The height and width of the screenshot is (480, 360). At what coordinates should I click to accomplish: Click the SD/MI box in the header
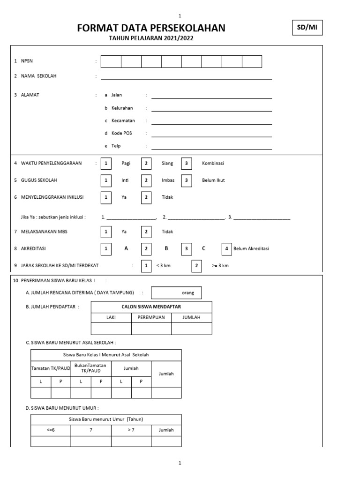coord(307,28)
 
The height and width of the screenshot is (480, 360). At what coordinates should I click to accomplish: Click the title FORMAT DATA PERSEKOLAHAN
coord(151,28)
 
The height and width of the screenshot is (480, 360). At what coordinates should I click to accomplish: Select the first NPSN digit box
coord(111,61)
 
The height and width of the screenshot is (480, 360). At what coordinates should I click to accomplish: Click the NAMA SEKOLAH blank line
coord(186,76)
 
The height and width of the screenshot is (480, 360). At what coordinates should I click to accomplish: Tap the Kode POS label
coord(121,133)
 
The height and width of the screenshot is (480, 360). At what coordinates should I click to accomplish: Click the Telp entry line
coord(211,146)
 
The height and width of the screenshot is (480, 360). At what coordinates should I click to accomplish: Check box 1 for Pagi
coord(106,163)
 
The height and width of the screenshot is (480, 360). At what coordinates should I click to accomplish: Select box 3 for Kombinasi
coord(187,163)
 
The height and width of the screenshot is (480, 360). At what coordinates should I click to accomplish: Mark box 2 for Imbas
coord(147,180)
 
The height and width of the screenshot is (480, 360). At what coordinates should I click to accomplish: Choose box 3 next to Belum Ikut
coord(187,180)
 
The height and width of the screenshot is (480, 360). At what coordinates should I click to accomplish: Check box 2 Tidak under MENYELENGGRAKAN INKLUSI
coord(147,197)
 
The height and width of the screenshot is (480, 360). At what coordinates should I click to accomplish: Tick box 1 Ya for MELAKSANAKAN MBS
coord(106,232)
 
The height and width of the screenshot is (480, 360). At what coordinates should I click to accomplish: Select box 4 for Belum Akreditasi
coord(227,248)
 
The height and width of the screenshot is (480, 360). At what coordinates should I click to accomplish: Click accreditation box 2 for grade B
coord(147,248)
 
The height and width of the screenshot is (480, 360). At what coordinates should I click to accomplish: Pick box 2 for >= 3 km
coord(196,266)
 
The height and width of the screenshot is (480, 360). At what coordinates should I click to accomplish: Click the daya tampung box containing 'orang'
coord(176,293)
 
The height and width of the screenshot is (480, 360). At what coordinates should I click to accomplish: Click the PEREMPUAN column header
coord(151,317)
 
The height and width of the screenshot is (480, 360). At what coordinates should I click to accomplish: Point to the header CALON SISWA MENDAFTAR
coord(151,307)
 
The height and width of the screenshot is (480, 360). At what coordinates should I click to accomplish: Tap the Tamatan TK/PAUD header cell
coord(51,368)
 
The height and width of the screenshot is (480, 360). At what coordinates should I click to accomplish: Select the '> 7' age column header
coord(131,430)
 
